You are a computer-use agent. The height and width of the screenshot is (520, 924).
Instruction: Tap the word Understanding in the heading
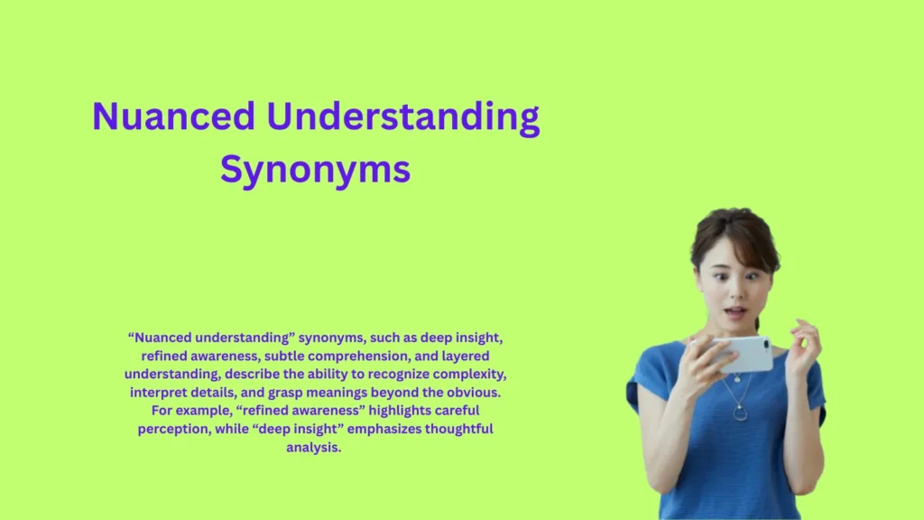pyautogui.click(x=403, y=117)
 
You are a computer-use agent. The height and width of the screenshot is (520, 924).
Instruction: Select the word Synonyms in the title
pyautogui.click(x=315, y=169)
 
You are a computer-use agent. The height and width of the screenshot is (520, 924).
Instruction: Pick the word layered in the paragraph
pyautogui.click(x=467, y=356)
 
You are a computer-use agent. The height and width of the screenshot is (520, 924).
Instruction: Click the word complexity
pyautogui.click(x=484, y=374)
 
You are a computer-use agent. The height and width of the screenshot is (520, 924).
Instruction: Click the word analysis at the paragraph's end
pyautogui.click(x=314, y=447)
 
